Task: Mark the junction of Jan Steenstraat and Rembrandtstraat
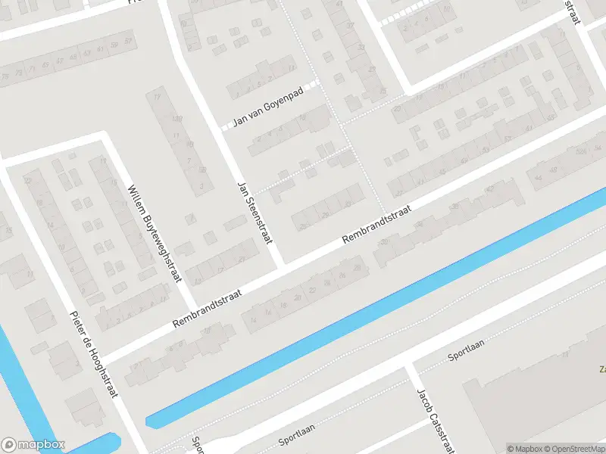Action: point(284,267)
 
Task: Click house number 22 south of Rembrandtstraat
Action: point(312,291)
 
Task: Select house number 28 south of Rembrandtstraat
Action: point(327,283)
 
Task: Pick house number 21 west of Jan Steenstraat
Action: point(242,259)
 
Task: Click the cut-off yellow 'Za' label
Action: point(602,370)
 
